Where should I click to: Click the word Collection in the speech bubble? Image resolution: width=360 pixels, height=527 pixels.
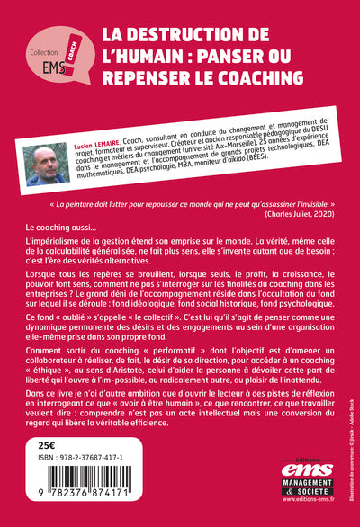45,50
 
